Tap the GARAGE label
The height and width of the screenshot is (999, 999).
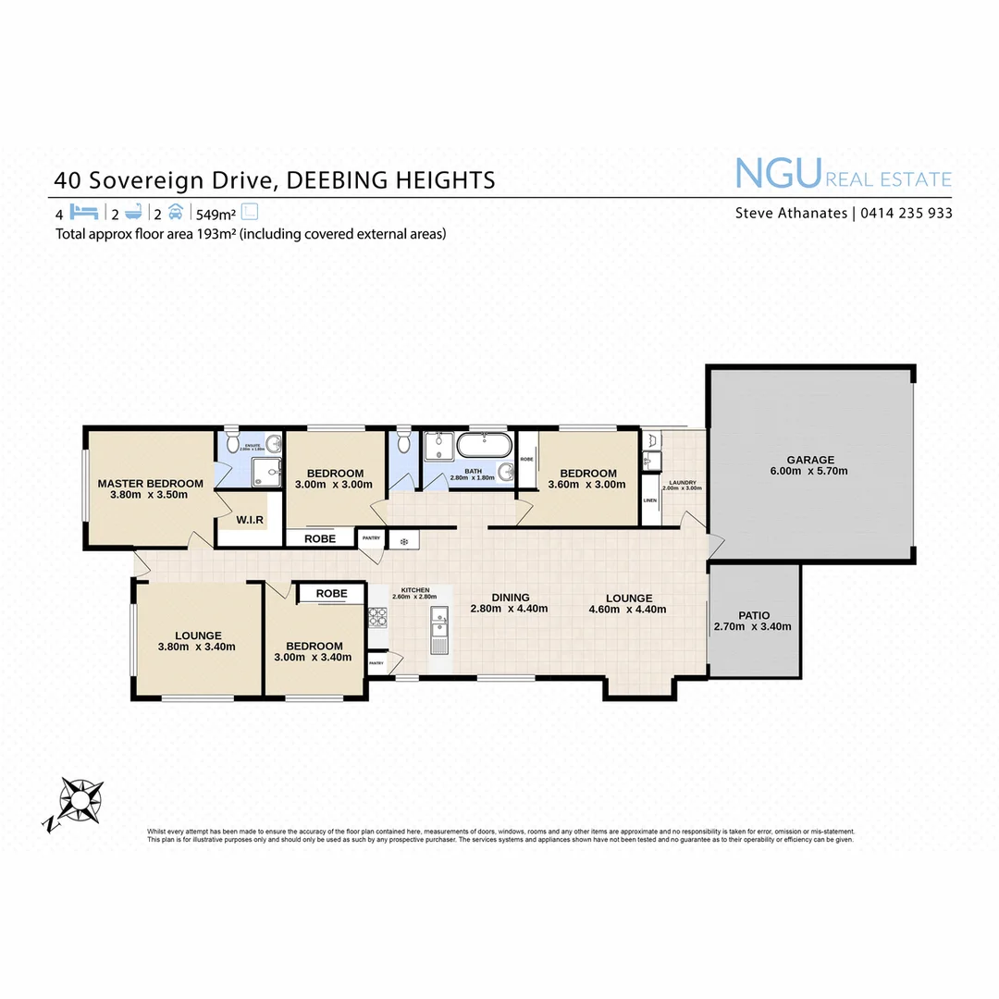[810, 460]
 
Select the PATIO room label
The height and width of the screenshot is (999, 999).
[752, 615]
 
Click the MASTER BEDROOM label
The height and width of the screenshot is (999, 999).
[150, 483]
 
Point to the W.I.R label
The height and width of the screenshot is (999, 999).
[250, 520]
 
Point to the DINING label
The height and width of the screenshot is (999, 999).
[510, 598]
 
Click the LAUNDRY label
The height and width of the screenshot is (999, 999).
[684, 482]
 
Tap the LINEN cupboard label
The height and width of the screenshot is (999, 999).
[649, 500]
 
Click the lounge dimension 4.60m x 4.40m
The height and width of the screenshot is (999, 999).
[629, 609]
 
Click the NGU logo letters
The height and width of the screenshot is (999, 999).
[777, 174]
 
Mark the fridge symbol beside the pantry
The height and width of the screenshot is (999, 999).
[404, 540]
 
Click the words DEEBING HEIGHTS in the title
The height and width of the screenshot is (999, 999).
[390, 179]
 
